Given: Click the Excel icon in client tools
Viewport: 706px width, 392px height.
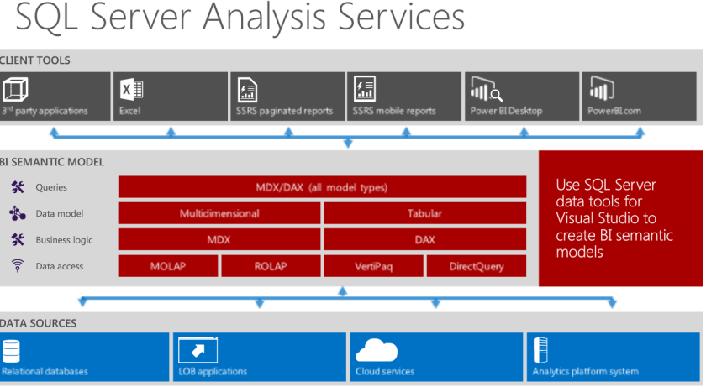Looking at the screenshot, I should (132, 89).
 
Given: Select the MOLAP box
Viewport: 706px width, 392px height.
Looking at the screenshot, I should (168, 266).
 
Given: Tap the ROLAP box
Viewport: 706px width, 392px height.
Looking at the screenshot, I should (271, 266).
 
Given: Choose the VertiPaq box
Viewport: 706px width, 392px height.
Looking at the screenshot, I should (373, 266).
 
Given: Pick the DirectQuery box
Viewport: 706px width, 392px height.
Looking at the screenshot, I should (477, 266).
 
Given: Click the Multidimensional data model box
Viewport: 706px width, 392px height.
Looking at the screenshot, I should (219, 213).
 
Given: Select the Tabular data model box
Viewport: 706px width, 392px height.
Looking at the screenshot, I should (424, 213).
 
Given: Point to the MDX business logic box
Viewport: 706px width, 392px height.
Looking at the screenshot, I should (219, 239).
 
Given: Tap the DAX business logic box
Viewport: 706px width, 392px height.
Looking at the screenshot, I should (424, 239).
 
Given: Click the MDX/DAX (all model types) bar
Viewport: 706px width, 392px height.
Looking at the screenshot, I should (322, 187).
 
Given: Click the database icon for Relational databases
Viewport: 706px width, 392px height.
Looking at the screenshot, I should (11, 350).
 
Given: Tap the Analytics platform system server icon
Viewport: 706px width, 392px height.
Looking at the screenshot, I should (540, 349).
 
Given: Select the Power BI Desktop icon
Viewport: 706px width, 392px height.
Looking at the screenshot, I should (486, 89).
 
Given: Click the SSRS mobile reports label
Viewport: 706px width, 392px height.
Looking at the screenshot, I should (394, 111).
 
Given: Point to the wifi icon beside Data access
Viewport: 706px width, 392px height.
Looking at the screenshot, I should (17, 266).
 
